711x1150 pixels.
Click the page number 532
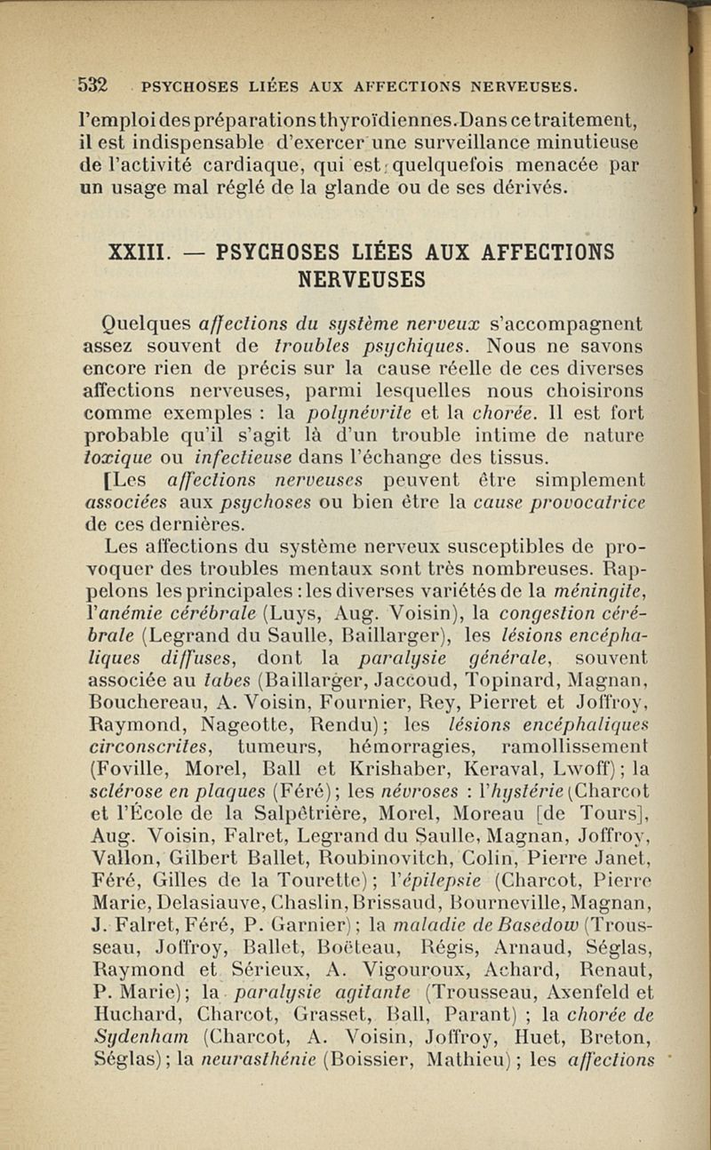tap(92, 86)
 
